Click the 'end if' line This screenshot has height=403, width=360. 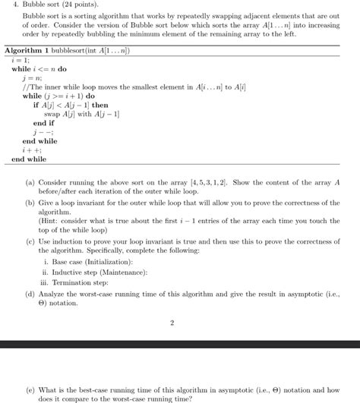(x=43, y=123)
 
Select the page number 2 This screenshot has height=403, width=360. (x=172, y=323)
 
